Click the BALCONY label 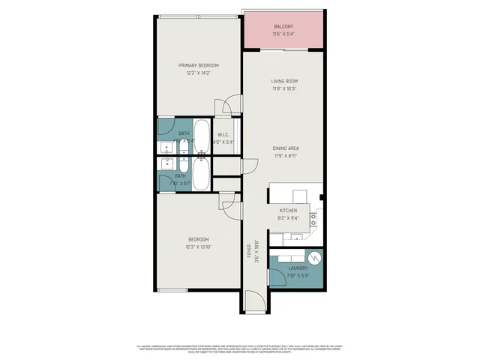tap(284, 27)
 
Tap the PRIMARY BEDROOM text tap(198, 66)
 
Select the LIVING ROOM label tap(284, 81)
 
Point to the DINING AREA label tap(286, 148)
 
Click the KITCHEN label tap(289, 211)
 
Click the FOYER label tap(250, 250)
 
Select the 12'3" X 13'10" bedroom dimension tap(198, 247)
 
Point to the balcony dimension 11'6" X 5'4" tap(284, 34)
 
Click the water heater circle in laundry tap(315, 257)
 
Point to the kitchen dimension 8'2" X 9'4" tap(288, 218)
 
